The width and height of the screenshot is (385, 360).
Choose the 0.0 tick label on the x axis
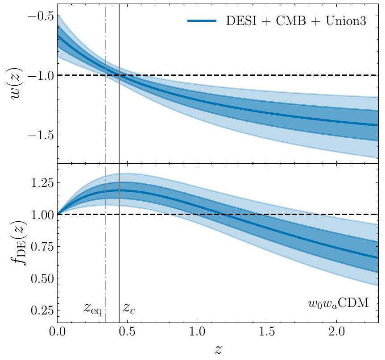click(x=57, y=332)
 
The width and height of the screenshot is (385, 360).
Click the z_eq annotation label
click(x=93, y=308)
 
